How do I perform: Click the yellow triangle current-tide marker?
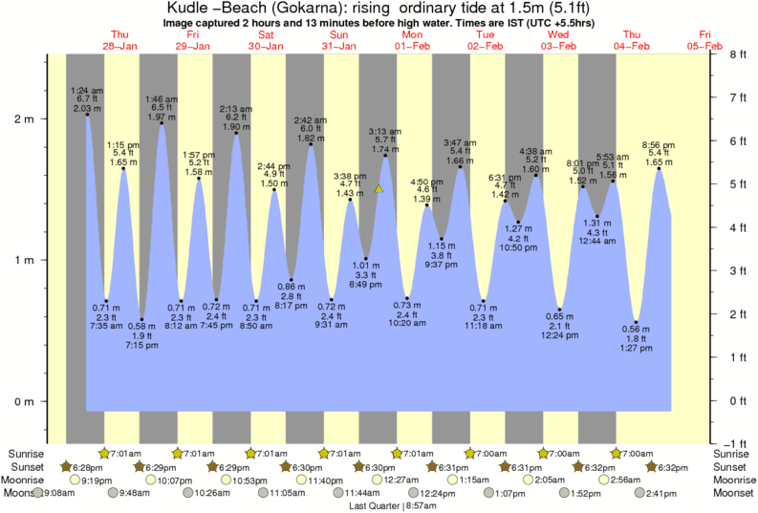click(379, 189)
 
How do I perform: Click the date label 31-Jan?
click(339, 45)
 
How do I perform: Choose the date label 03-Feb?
click(558, 45)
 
